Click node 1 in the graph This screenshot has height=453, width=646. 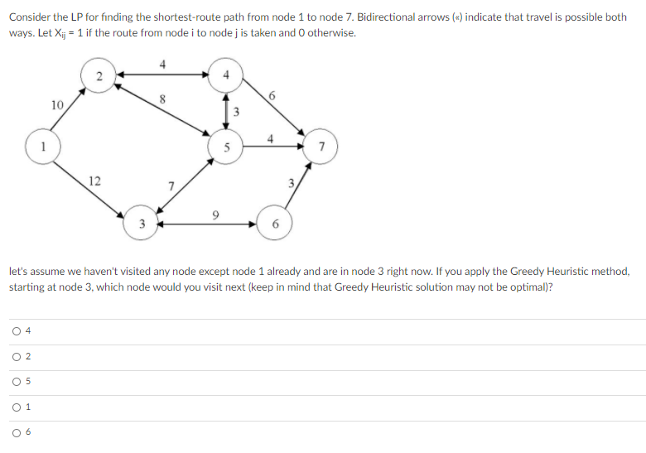[x=43, y=147]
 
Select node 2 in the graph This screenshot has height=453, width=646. [x=99, y=75]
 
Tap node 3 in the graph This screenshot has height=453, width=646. [x=142, y=223]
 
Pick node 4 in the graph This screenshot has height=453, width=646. [x=225, y=75]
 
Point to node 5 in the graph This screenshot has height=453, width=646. [x=226, y=147]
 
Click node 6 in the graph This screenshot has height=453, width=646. [x=275, y=223]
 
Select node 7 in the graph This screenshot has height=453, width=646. [x=321, y=147]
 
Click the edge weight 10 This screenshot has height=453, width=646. [x=57, y=105]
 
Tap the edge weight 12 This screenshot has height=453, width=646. [x=94, y=181]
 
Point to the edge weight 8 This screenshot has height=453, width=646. [x=162, y=99]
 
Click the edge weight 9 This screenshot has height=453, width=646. [x=215, y=215]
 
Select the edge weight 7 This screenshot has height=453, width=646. [x=171, y=186]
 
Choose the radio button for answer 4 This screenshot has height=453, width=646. [x=17, y=331]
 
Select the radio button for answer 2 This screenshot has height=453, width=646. [x=17, y=357]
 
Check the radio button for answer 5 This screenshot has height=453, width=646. [x=17, y=382]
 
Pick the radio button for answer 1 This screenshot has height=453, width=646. [x=17, y=407]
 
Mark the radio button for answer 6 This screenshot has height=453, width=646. [x=17, y=433]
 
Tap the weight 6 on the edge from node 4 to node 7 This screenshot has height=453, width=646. [x=272, y=96]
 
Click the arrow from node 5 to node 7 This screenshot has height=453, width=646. [x=273, y=147]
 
